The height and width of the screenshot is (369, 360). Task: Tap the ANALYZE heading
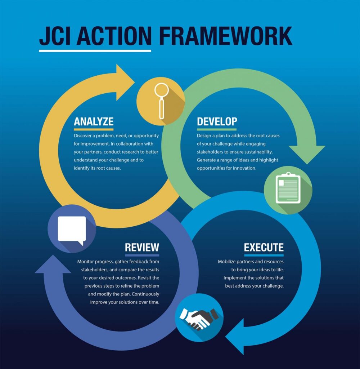click(94, 121)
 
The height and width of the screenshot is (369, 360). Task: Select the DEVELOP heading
click(217, 121)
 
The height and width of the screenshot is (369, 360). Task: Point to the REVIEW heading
click(142, 247)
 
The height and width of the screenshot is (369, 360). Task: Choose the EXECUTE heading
click(264, 248)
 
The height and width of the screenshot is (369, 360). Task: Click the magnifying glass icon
click(161, 101)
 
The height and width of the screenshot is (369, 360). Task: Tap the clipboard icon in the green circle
click(288, 189)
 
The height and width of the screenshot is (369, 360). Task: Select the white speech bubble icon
click(72, 229)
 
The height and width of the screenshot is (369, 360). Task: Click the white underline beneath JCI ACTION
click(95, 50)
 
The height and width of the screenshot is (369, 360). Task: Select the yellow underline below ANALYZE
click(94, 129)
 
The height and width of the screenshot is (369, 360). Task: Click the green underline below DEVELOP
click(217, 129)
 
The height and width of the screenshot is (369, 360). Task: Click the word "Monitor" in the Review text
click(87, 261)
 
